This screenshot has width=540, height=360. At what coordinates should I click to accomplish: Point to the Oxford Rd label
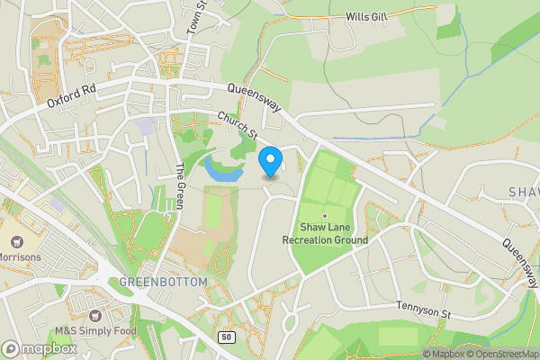click(x=72, y=97)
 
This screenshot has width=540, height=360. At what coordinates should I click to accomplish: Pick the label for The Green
click(x=180, y=184)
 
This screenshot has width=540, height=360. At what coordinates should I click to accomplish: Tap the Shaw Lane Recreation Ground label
click(x=325, y=234)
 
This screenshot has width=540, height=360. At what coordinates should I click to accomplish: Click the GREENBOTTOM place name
click(x=163, y=282)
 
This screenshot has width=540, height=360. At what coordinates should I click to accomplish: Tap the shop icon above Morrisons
click(x=16, y=241)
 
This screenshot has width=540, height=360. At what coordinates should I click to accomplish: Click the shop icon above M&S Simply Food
click(x=94, y=315)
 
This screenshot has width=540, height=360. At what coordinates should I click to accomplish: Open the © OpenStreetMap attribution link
click(x=500, y=354)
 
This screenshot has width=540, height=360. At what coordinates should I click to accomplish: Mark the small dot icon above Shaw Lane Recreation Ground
click(x=325, y=215)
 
